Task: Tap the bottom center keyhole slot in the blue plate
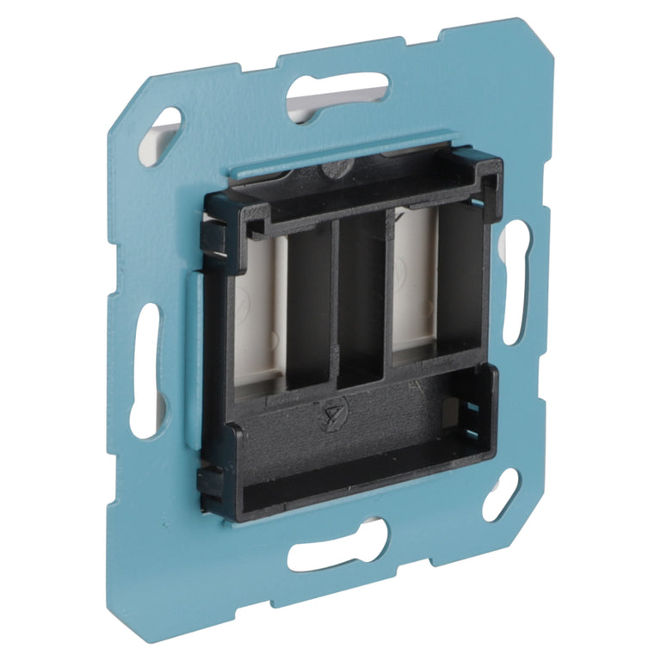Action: pos(337,547)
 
